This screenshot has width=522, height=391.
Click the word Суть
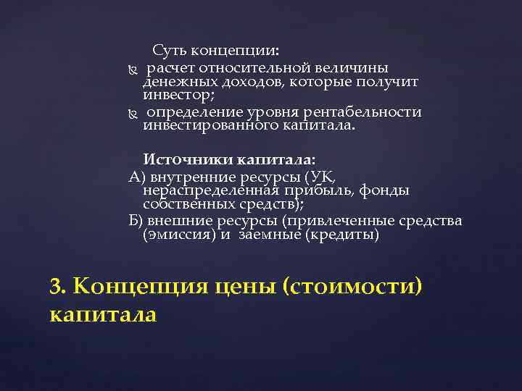click(169, 51)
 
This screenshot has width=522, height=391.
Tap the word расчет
click(170, 68)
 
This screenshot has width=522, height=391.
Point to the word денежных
click(174, 82)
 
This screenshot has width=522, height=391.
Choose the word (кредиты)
click(343, 235)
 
